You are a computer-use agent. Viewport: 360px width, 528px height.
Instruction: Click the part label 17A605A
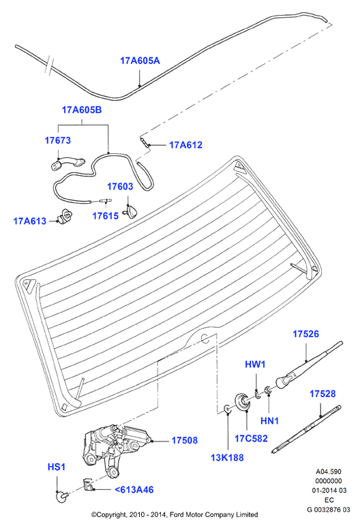coord(140,61)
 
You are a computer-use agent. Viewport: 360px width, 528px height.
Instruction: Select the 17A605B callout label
coord(82,110)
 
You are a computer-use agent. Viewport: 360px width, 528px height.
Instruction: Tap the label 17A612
coord(185,145)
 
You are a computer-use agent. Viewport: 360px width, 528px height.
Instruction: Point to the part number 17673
coord(58,140)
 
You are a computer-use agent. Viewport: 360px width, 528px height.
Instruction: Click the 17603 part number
coord(120,187)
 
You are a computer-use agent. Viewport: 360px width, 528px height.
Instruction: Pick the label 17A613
coord(30,221)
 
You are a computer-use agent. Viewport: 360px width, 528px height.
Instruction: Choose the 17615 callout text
coord(106,216)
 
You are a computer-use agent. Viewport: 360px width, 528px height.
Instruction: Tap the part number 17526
coord(305,334)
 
